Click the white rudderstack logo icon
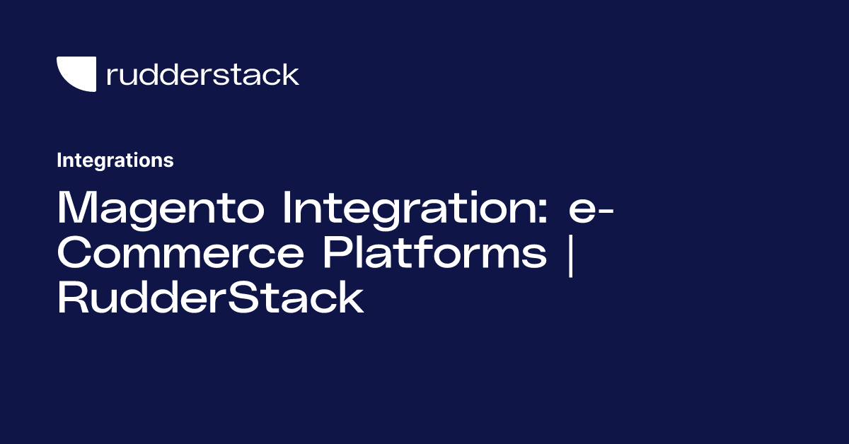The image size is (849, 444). click(76, 74)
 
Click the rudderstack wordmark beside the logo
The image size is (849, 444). click(202, 74)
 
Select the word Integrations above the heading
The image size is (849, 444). click(115, 160)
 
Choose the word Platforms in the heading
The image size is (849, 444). click(435, 253)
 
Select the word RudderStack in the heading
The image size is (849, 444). click(210, 298)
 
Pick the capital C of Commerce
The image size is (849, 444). click(76, 253)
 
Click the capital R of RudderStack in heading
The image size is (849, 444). click(73, 298)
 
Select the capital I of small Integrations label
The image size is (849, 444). click(59, 160)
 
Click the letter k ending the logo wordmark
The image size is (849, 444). click(291, 74)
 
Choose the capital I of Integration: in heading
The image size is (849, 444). click(289, 207)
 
